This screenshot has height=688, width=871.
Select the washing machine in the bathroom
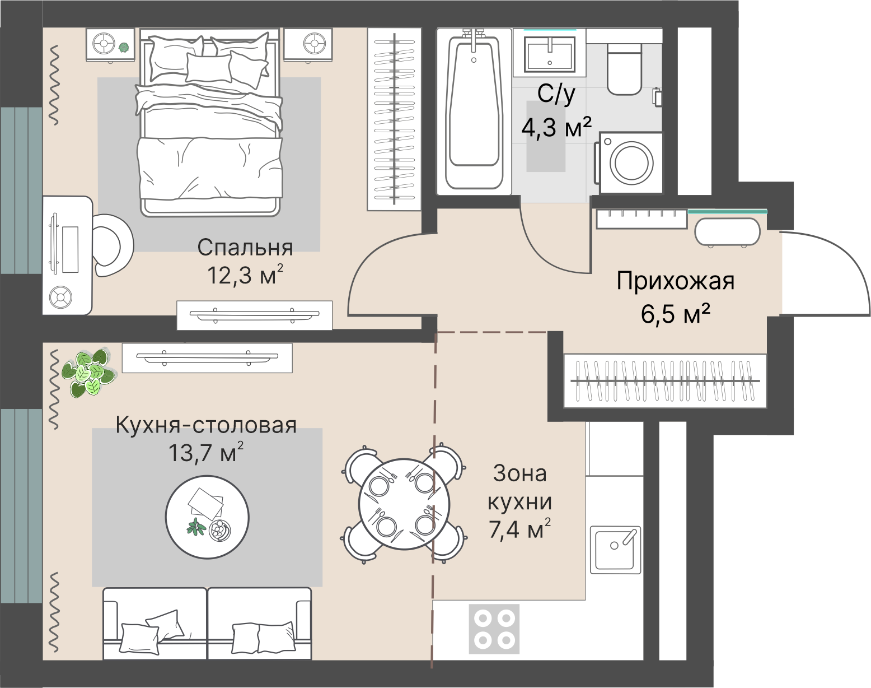(631, 163)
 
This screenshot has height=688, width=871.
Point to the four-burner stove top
(494, 628)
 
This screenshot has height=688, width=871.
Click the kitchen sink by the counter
(615, 549)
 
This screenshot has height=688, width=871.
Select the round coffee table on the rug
(207, 517)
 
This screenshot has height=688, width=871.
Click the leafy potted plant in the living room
(87, 371)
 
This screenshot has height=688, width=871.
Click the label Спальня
(245, 248)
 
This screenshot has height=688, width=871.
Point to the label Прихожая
(675, 281)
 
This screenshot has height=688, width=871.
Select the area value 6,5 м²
(675, 314)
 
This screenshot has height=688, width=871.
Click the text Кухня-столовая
(206, 425)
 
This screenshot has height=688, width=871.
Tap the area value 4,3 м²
(556, 128)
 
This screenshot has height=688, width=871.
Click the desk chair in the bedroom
(113, 245)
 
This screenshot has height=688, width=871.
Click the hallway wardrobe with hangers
(665, 381)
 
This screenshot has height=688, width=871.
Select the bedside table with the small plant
(110, 44)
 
